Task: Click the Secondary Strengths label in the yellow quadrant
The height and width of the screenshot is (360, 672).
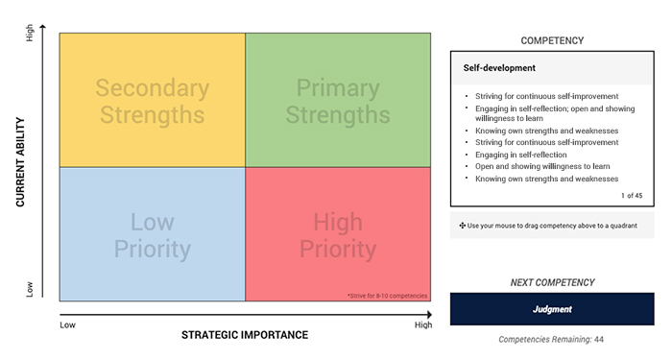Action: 152,102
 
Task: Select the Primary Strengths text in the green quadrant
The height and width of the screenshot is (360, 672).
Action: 338,102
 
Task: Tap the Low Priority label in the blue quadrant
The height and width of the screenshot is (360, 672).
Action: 152,236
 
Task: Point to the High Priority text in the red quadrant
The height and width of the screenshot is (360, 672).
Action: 338,236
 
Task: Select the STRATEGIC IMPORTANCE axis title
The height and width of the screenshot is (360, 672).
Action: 245,335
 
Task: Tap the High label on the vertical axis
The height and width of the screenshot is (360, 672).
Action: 30,33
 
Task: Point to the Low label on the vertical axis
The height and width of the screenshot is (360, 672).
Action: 30,289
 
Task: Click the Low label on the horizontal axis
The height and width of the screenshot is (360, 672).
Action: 68,324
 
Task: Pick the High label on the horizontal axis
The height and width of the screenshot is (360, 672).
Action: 422,324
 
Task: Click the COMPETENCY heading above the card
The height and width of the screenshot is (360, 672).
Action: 552,40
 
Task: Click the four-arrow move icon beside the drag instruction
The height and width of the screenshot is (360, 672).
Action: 463,225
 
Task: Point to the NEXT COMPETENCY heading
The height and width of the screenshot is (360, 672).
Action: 552,282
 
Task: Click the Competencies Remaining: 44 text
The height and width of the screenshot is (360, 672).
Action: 552,339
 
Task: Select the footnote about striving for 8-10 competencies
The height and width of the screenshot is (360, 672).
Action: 388,296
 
